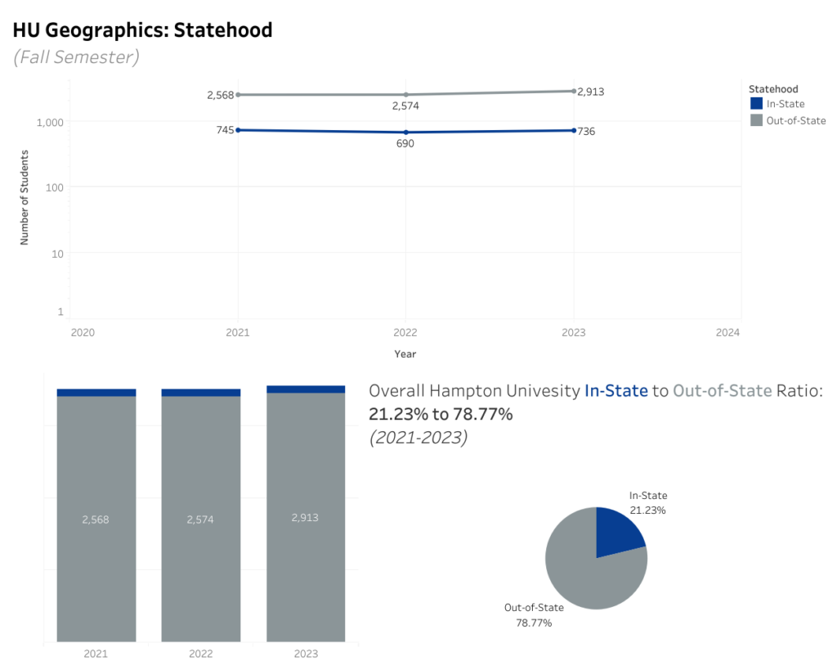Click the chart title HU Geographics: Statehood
point(142,30)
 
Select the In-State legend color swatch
point(756,103)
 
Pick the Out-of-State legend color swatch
point(756,120)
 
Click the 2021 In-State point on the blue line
point(238,130)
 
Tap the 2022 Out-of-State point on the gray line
point(405,95)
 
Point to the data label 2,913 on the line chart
point(591,92)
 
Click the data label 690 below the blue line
point(405,143)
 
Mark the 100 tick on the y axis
point(55,187)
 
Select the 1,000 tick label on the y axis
point(50,123)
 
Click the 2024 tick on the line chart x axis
point(727,332)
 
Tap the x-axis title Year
point(405,353)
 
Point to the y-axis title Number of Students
point(24,198)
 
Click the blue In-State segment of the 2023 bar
point(306,389)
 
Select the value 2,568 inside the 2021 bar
point(96,519)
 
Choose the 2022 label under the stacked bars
point(201,654)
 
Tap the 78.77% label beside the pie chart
point(534,623)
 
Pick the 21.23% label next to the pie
point(647,510)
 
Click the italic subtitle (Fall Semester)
point(76,57)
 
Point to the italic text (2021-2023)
point(418,438)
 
